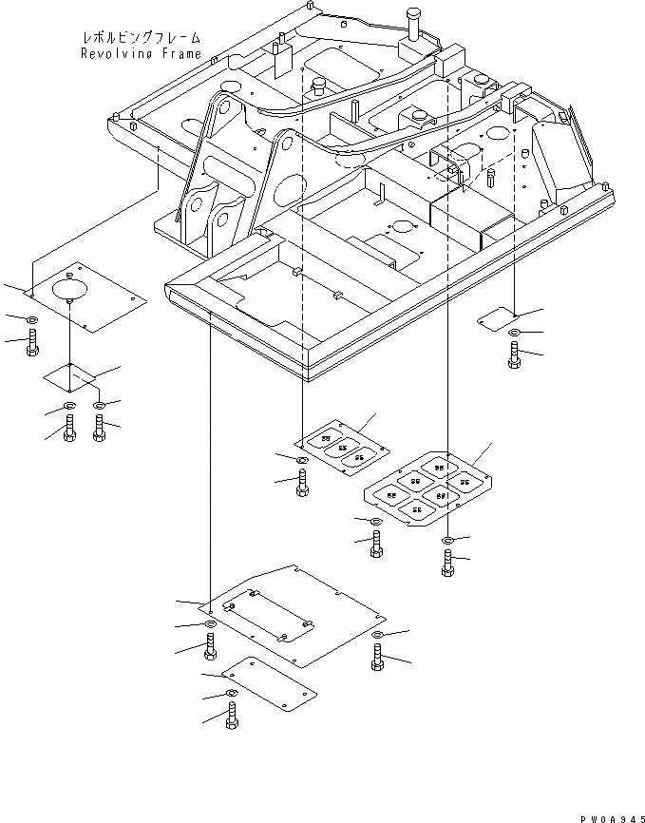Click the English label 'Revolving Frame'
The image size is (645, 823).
[141, 54]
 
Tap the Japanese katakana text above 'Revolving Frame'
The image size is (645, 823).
[142, 39]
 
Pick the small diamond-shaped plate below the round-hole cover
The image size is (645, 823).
[70, 376]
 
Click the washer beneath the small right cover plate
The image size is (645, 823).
[514, 333]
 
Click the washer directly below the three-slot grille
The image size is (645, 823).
[302, 462]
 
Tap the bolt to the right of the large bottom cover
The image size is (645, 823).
[378, 657]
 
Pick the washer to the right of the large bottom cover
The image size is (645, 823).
[378, 634]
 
